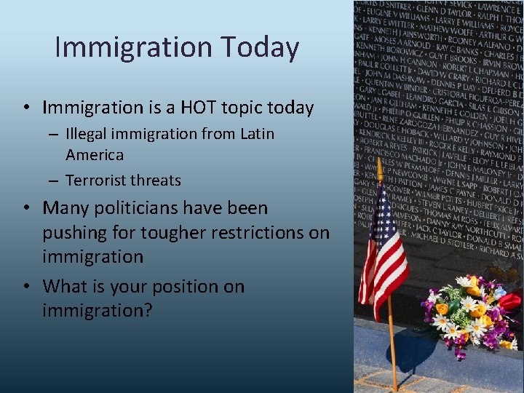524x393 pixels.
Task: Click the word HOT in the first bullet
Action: tap(196, 108)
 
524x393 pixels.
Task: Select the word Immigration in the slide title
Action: tap(132, 47)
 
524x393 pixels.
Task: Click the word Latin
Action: tap(257, 134)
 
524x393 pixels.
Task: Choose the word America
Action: tap(95, 154)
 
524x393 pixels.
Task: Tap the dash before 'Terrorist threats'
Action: tap(55, 180)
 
